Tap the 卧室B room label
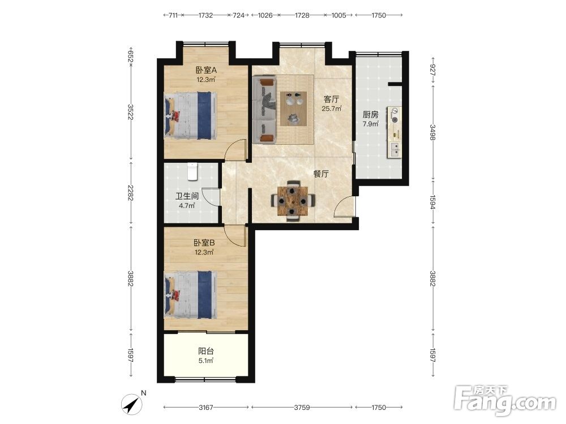click(x=204, y=243)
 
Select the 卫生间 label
click(x=187, y=197)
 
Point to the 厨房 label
click(x=370, y=115)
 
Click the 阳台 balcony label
click(x=206, y=351)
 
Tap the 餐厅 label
click(x=321, y=174)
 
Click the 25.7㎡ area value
click(x=332, y=108)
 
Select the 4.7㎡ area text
click(x=187, y=206)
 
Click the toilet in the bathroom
click(x=192, y=171)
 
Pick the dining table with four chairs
click(x=293, y=201)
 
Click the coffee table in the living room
click(x=293, y=109)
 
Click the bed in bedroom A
click(x=191, y=115)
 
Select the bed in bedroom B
click(x=191, y=295)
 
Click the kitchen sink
click(x=394, y=149)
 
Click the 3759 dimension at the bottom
click(x=302, y=408)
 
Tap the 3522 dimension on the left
click(x=131, y=112)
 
